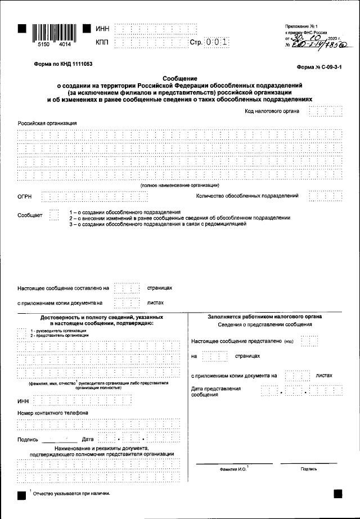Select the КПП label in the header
(102, 42)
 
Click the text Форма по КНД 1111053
(64, 65)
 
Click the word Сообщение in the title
(179, 78)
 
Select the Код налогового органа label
(272, 111)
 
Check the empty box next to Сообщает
(53, 215)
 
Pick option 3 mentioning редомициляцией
(157, 224)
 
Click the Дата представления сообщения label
(216, 391)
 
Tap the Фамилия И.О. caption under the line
(233, 468)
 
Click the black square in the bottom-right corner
(338, 493)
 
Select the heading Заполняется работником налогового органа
(264, 317)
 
